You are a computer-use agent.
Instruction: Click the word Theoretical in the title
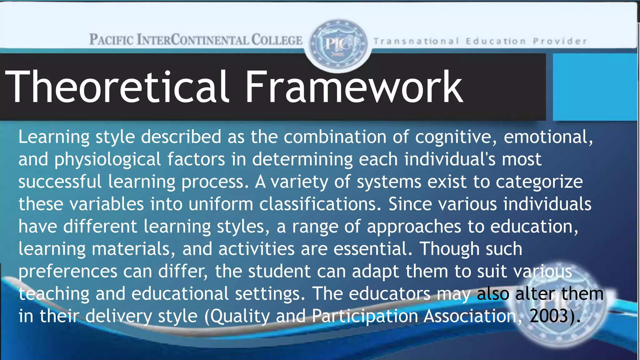117,87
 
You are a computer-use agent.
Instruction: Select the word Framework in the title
354,87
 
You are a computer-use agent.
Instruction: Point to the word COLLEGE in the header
277,40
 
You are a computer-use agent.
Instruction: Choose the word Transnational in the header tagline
416,41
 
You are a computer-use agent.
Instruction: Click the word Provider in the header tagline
560,41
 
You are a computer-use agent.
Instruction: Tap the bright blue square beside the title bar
595,87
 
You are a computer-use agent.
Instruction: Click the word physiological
108,160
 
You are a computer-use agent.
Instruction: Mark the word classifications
320,204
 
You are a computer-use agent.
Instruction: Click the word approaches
414,227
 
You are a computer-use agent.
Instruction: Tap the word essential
372,249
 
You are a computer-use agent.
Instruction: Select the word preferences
68,272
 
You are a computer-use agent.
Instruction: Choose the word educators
389,294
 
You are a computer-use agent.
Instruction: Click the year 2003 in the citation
549,316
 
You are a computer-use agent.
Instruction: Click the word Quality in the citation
240,317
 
